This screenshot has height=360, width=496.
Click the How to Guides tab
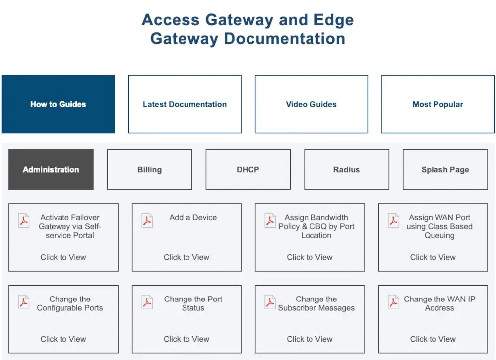pyautogui.click(x=58, y=104)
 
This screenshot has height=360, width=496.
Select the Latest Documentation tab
pyautogui.click(x=185, y=104)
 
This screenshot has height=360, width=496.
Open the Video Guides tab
pyautogui.click(x=311, y=104)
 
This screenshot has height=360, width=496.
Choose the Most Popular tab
pyautogui.click(x=437, y=104)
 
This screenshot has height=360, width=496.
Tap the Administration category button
pyautogui.click(x=51, y=170)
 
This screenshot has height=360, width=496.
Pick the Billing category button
pyautogui.click(x=149, y=170)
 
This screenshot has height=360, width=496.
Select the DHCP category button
pyautogui.click(x=248, y=170)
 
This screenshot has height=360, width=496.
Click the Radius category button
pyautogui.click(x=346, y=170)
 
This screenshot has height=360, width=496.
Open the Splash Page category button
pyautogui.click(x=445, y=170)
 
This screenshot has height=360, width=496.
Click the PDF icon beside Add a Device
pyautogui.click(x=147, y=220)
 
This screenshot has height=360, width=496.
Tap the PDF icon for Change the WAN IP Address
pyautogui.click(x=393, y=302)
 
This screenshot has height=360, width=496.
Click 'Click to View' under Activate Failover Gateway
pyautogui.click(x=63, y=257)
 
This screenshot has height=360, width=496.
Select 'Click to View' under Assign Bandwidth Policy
pyautogui.click(x=310, y=257)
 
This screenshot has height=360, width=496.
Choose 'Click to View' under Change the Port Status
pyautogui.click(x=186, y=339)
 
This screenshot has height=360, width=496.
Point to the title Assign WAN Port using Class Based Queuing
pyautogui.click(x=439, y=226)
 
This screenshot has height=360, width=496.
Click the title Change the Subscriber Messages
pyautogui.click(x=316, y=303)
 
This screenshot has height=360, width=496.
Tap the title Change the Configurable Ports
pyautogui.click(x=70, y=303)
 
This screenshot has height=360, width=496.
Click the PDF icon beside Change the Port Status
pyautogui.click(x=147, y=302)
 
